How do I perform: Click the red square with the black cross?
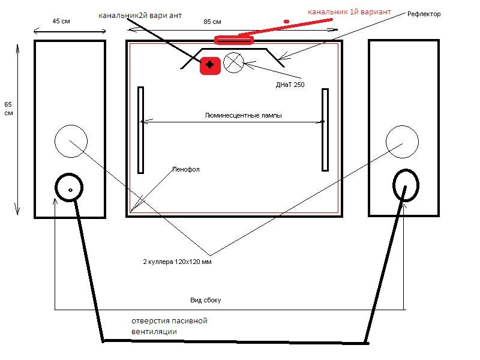point(210,65)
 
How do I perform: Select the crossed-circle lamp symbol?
point(233,62)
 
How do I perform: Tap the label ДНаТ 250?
point(290,85)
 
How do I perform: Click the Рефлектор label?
point(424,14)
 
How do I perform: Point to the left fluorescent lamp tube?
point(140,130)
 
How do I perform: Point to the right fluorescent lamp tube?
point(325,130)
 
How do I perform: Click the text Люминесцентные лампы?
point(243,115)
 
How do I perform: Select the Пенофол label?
point(186,169)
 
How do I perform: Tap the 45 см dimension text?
point(61,21)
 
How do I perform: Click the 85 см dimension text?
point(212,22)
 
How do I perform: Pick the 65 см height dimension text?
point(8,109)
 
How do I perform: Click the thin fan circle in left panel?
point(71,125)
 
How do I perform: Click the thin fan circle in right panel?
point(402,126)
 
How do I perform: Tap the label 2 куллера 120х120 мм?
point(177,262)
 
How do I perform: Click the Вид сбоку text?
point(205,301)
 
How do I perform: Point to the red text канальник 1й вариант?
point(349,12)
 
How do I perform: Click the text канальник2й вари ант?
point(140,16)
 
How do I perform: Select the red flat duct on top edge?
point(234,40)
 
